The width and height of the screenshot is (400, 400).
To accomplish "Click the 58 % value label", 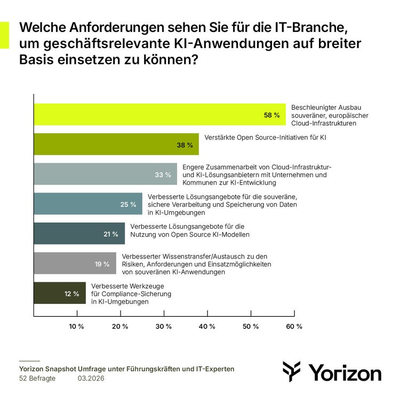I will click(x=271, y=115).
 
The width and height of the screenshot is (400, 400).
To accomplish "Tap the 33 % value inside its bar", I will click(x=163, y=174).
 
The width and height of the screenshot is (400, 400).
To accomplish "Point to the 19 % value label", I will click(x=102, y=263).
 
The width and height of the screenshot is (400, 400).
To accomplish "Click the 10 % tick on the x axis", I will click(x=77, y=326).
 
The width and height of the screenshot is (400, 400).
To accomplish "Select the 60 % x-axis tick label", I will click(x=294, y=326).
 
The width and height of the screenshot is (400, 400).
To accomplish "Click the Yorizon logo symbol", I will click(x=292, y=371).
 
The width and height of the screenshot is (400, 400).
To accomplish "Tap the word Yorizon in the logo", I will click(x=345, y=372).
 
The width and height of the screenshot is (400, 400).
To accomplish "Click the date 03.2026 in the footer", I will click(x=91, y=378).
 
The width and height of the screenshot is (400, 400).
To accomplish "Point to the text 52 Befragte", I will click(x=37, y=378).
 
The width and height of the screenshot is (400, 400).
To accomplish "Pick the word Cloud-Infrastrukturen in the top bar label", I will click(x=323, y=123).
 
